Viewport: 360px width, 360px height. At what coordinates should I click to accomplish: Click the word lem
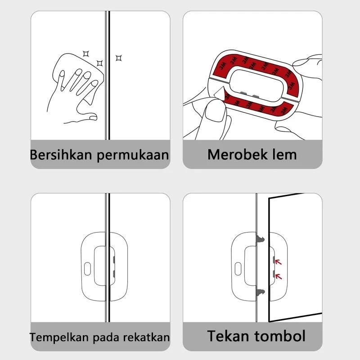point(281,155)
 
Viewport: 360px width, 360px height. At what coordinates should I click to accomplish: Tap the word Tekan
point(228,336)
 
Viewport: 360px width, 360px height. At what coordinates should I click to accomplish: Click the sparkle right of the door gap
point(119,58)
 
